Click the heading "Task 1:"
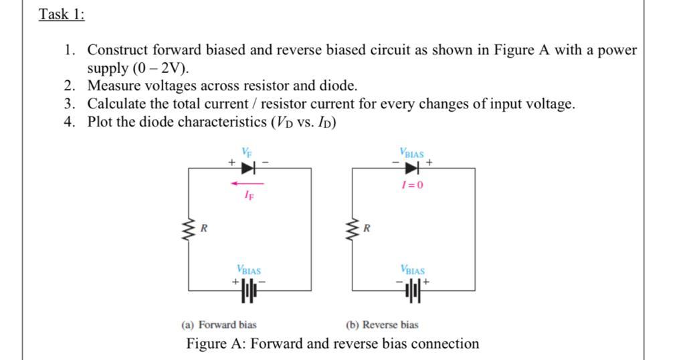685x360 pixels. pos(62,14)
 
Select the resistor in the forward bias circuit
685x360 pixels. pos(189,230)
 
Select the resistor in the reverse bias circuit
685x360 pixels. pos(352,230)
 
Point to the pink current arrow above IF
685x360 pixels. pos(247,183)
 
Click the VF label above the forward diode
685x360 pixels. pos(247,153)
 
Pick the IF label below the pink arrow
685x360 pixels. pos(248,196)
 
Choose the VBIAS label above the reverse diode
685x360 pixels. pos(412,153)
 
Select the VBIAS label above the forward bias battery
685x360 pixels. pos(248,271)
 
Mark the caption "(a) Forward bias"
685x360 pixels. pos(219,325)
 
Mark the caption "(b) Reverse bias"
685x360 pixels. pos(382,325)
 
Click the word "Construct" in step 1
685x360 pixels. pos(118,50)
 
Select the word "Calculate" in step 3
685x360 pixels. pos(117,104)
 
